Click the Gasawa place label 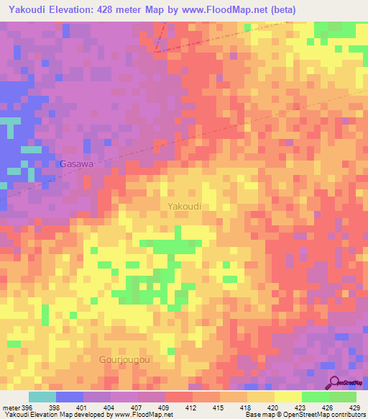(x=77, y=163)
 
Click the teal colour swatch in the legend (x=42, y=397)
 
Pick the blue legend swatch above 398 (x=70, y=397)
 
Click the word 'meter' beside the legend (x=10, y=407)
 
